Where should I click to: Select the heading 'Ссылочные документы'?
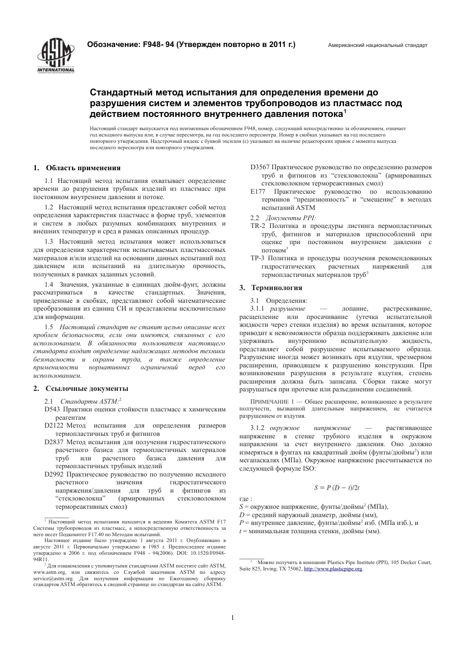point(87,388)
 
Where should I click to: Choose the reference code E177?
point(258,192)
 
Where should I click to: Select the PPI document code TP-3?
point(258,258)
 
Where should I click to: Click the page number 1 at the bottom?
point(232,617)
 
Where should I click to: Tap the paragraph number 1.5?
point(49,327)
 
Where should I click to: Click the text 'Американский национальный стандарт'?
point(377,45)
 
